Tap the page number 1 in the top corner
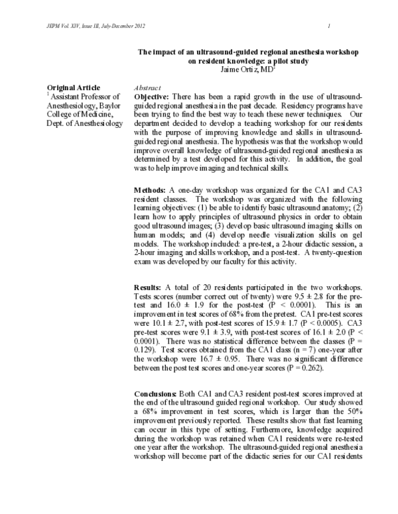point(329,26)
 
